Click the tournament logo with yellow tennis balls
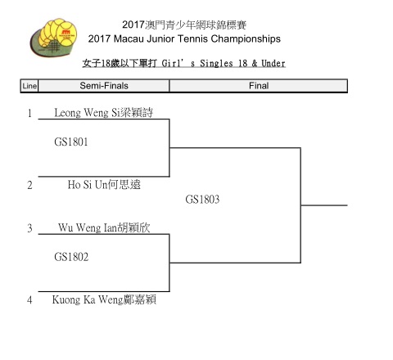coord(53,38)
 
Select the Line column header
coord(29,86)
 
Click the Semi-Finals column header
coord(104,86)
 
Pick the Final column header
coord(259,86)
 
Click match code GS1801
coord(71,142)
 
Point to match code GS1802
coord(71,257)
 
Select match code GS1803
coord(202,200)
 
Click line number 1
coord(29,113)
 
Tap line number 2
coord(29,185)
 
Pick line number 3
coord(29,228)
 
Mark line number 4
coord(29,300)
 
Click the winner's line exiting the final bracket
coord(324,205)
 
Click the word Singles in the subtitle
coord(216,64)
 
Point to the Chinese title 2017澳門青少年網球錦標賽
coord(184,25)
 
